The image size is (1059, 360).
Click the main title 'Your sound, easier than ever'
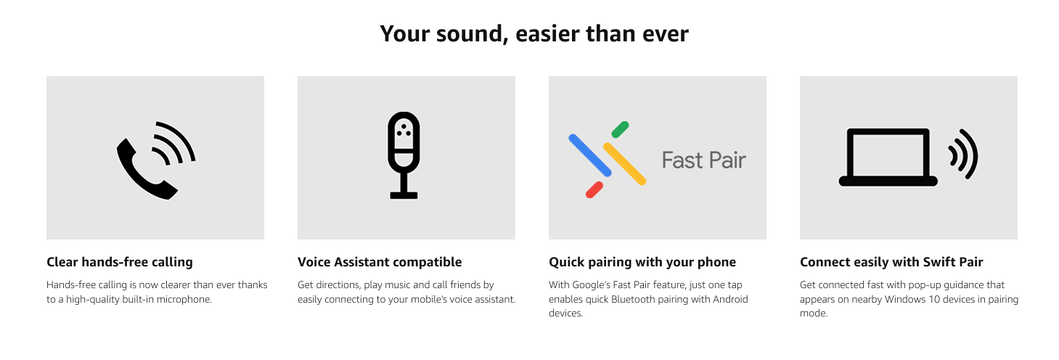point(534,34)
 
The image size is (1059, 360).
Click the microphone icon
point(404,155)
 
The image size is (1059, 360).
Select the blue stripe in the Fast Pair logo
point(590,155)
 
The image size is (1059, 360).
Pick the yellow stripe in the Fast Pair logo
point(624,164)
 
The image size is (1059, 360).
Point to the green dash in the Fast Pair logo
point(620,129)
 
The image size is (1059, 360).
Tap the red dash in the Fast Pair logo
point(594,190)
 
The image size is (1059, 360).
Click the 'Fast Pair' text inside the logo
point(704,160)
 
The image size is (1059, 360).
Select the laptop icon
point(888,157)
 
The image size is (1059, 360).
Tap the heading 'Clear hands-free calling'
point(120,262)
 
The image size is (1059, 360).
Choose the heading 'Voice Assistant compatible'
point(380,262)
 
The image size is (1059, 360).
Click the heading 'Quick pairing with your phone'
point(642,262)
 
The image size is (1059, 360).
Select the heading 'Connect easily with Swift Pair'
point(891,262)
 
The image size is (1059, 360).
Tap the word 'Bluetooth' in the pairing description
point(632,300)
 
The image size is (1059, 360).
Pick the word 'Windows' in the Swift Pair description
point(904,300)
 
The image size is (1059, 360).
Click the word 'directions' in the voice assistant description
point(338,285)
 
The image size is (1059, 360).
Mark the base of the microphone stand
point(404,195)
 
